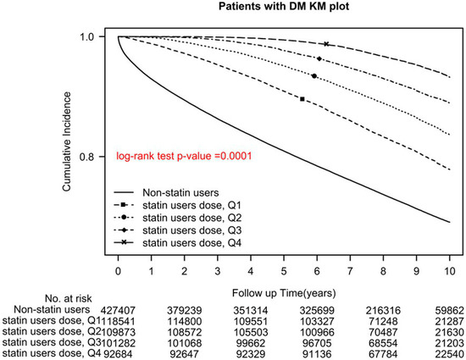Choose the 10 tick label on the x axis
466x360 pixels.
click(449, 271)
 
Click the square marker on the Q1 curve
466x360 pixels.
click(302, 99)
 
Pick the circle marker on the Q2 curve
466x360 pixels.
click(314, 76)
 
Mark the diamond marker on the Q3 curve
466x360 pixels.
click(319, 58)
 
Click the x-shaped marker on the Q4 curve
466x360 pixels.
click(326, 44)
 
